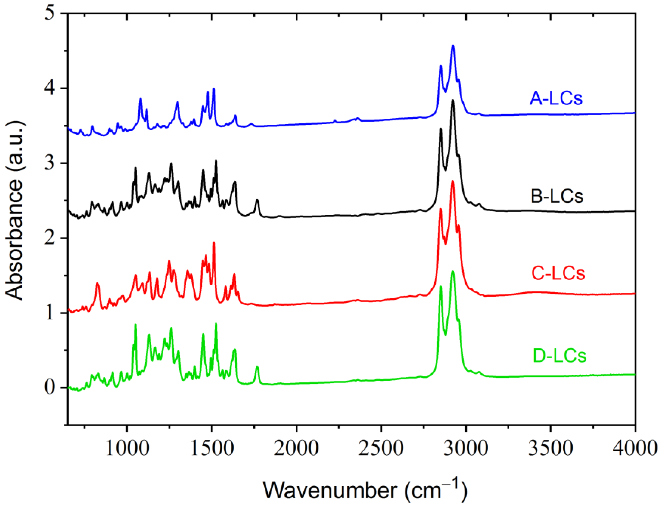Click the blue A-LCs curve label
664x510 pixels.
click(556, 98)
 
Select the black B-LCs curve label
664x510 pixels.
click(557, 196)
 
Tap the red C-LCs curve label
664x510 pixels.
click(558, 273)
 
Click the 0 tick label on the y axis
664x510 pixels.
click(50, 388)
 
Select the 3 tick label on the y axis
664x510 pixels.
click(50, 163)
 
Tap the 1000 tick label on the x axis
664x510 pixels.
click(128, 448)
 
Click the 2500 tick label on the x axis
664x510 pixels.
click(381, 448)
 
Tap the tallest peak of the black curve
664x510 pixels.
click(452, 100)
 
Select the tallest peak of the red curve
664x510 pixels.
click(452, 181)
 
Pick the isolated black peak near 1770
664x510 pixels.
click(257, 200)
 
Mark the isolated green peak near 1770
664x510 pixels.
click(257, 367)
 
